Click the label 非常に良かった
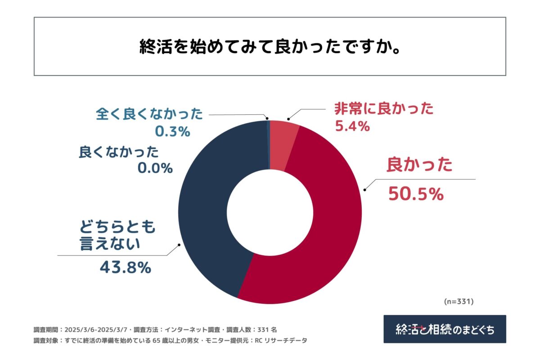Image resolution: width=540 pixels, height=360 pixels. click(x=383, y=109)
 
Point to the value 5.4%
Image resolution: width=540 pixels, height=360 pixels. click(x=352, y=127)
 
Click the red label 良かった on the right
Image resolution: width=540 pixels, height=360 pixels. click(x=419, y=166)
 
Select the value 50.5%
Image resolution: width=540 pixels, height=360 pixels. click(x=415, y=194)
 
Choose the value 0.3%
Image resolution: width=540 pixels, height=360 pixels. click(x=172, y=132)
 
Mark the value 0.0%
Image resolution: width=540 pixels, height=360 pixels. click(x=155, y=168)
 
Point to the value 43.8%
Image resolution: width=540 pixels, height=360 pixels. click(x=125, y=268)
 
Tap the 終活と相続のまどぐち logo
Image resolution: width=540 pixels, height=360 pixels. click(x=445, y=329)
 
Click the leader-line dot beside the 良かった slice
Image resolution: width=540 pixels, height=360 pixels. click(x=364, y=189)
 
